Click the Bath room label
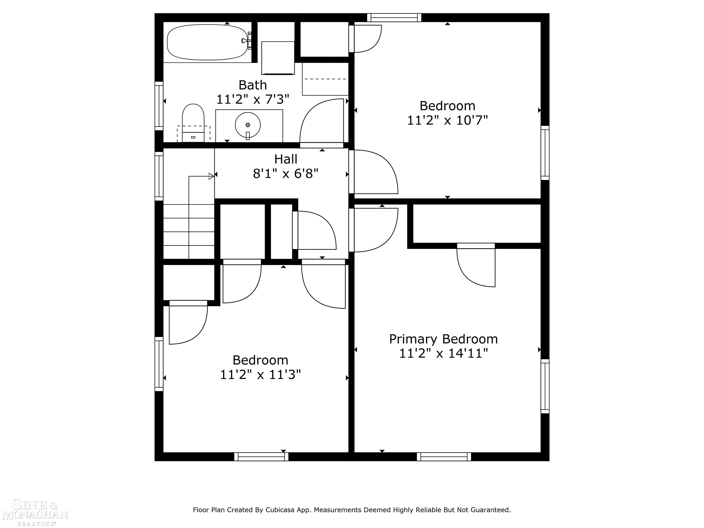[253, 85]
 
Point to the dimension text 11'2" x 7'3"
[253, 100]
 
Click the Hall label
[286, 159]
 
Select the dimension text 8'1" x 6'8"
[286, 174]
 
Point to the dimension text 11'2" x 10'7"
[447, 121]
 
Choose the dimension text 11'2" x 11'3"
[260, 375]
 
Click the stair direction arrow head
[211, 176]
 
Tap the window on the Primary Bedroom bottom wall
[444, 457]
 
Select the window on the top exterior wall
[394, 17]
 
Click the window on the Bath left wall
[159, 106]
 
